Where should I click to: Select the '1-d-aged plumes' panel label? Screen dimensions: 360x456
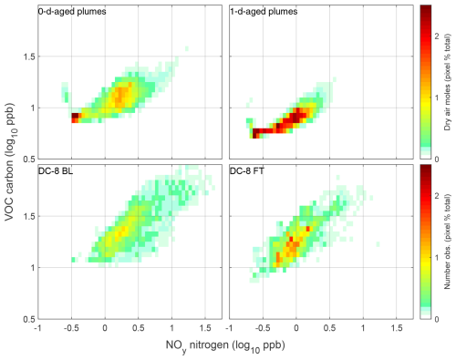click(262, 13)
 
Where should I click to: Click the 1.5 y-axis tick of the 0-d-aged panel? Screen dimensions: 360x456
click(27, 57)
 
